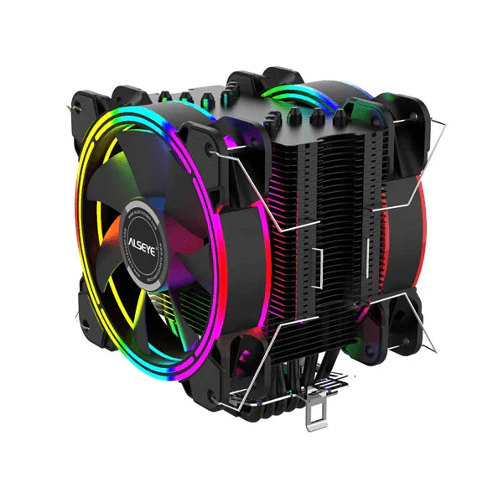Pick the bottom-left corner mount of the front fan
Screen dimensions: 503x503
click(88, 314)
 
